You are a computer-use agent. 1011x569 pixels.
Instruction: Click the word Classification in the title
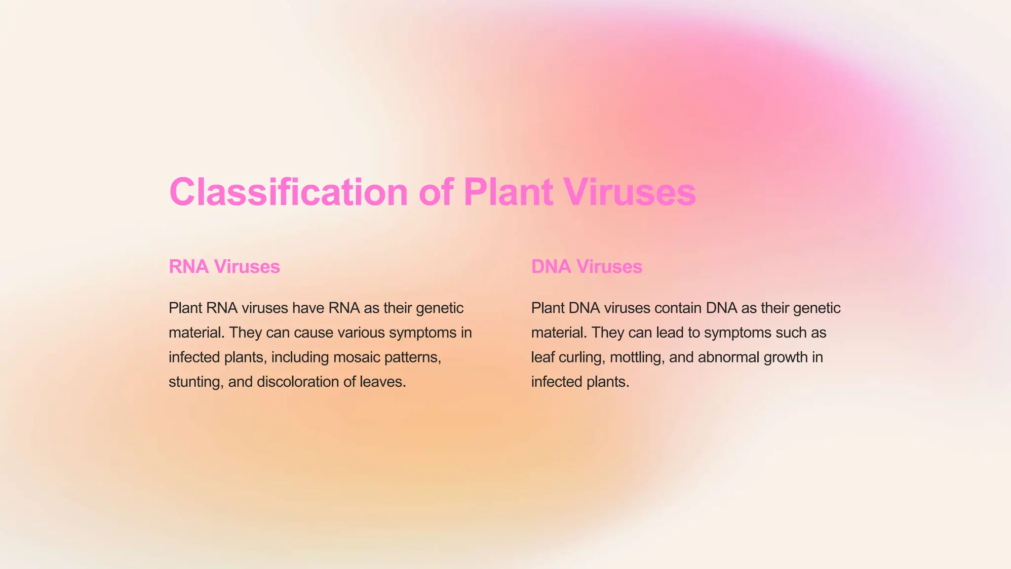(288, 192)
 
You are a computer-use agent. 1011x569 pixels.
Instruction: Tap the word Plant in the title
(508, 192)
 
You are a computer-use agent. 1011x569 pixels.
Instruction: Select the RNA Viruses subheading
(224, 267)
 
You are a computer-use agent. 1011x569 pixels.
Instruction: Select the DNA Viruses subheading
(586, 267)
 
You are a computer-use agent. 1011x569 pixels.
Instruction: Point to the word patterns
(412, 357)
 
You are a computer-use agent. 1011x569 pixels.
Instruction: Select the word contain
(678, 308)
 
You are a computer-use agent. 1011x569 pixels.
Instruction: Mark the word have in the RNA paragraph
(308, 308)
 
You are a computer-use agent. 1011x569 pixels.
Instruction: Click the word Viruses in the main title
(630, 192)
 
